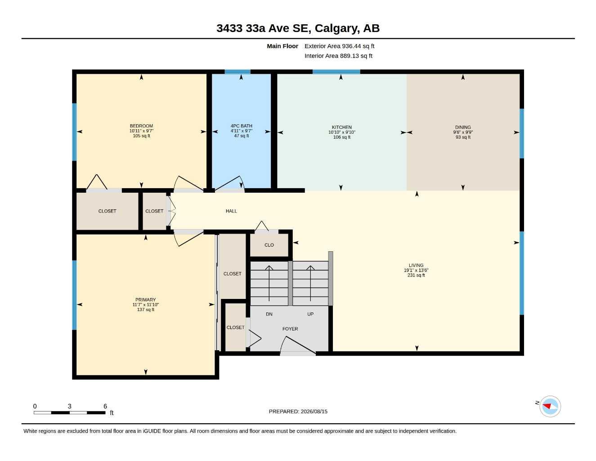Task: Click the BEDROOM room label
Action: click(141, 126)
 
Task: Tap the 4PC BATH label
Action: click(242, 126)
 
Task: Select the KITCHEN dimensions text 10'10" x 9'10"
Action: click(342, 132)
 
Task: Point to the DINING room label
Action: click(463, 127)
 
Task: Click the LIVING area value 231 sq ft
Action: click(416, 275)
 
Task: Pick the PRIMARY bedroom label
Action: click(146, 300)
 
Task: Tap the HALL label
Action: click(231, 211)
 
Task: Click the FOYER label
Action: click(290, 329)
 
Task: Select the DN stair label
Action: click(269, 314)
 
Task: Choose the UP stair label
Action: click(310, 314)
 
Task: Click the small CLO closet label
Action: click(269, 245)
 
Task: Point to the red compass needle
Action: click(547, 406)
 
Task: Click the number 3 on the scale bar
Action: click(69, 406)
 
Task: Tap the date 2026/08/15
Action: click(314, 411)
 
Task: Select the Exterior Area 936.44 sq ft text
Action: click(339, 46)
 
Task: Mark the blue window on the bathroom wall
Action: click(238, 72)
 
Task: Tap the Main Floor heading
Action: click(282, 46)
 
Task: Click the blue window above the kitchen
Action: click(336, 72)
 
